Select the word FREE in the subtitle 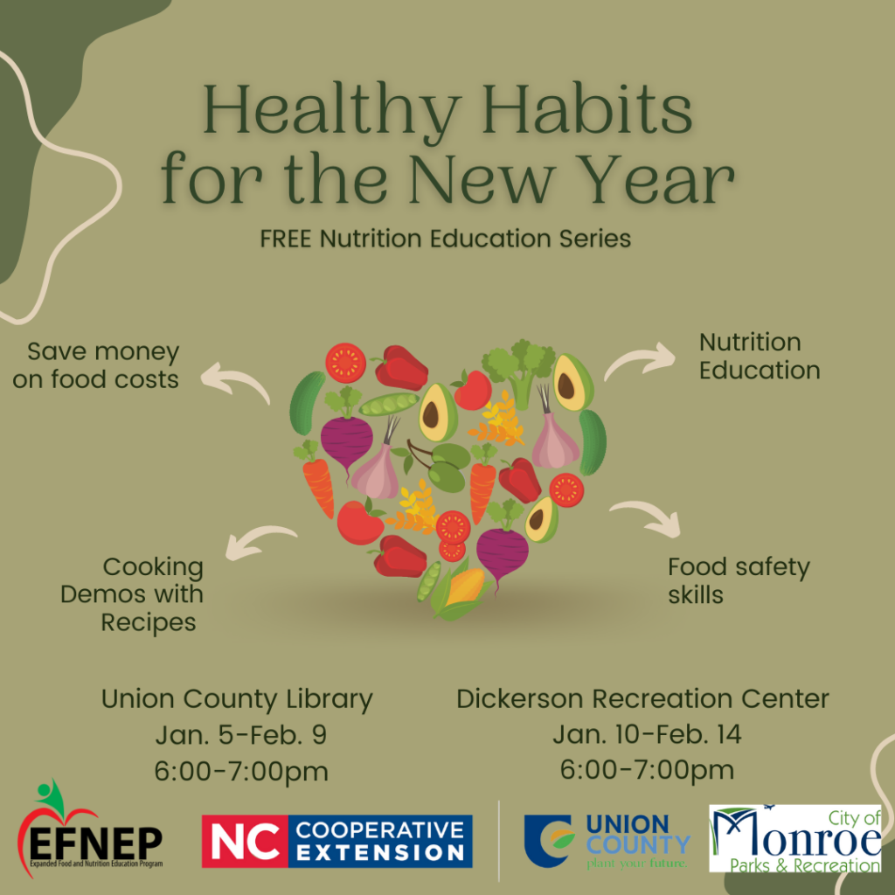click(286, 239)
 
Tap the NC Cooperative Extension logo click(336, 842)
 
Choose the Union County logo click(607, 842)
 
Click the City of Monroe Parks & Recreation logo click(795, 838)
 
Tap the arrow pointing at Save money click(234, 379)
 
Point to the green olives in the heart click(444, 463)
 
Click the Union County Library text click(237, 699)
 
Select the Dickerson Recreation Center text click(642, 698)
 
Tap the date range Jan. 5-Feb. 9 click(241, 735)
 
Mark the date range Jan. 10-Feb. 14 click(647, 734)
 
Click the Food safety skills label click(739, 580)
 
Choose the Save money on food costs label click(96, 365)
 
